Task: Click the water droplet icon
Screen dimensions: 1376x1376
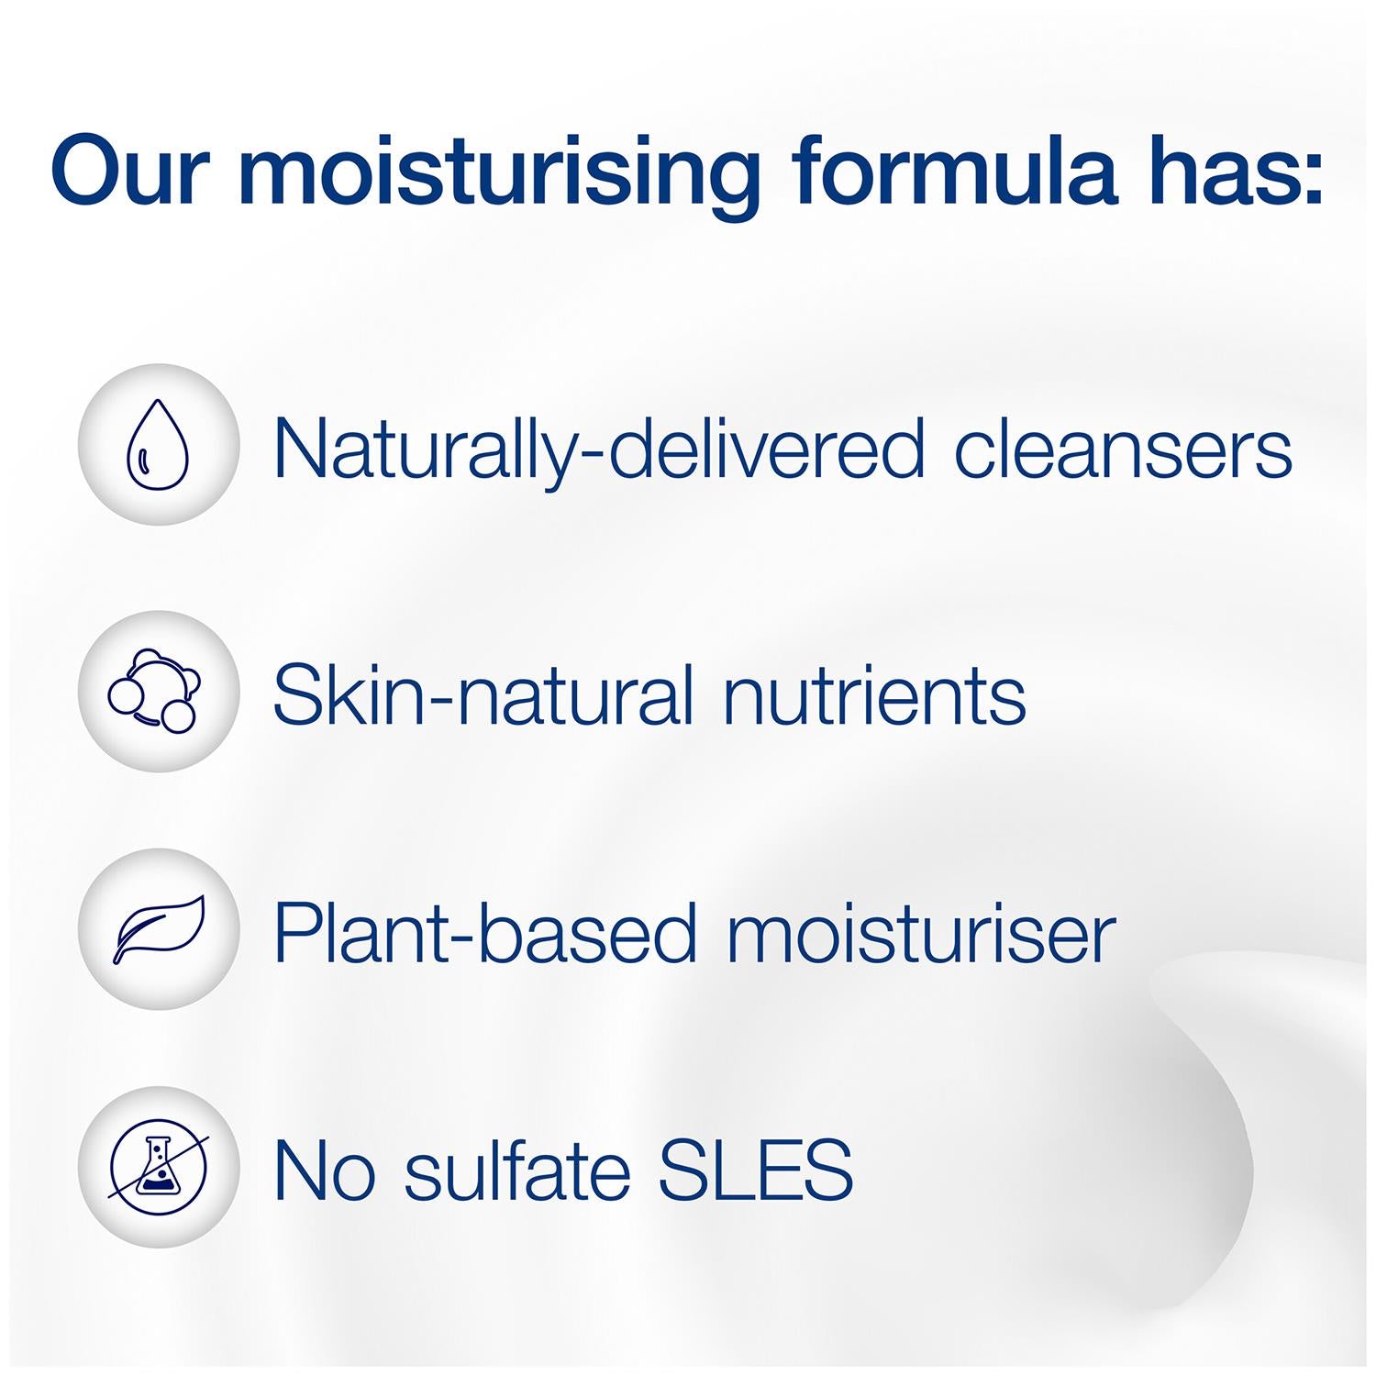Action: coord(158,443)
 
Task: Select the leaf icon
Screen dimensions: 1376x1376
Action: coord(159,929)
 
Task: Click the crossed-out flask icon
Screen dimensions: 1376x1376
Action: coord(158,1167)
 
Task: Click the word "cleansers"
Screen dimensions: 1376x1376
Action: coord(1123,449)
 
